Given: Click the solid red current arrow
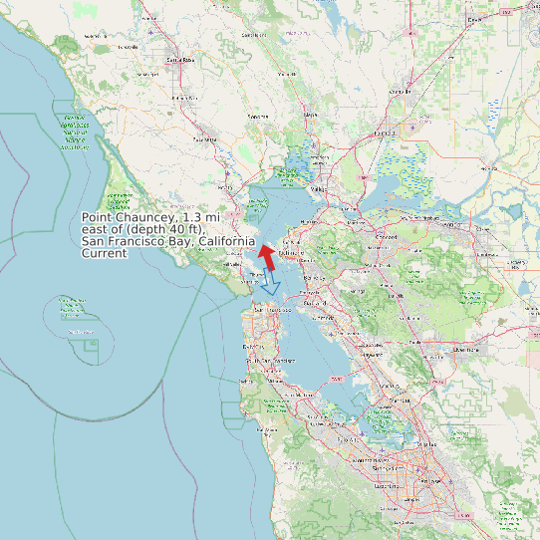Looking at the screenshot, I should [267, 257].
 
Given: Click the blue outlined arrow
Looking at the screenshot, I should [269, 285].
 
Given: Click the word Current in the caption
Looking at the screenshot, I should [105, 254].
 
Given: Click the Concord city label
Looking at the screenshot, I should [387, 237].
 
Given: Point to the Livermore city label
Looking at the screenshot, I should [465, 350].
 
